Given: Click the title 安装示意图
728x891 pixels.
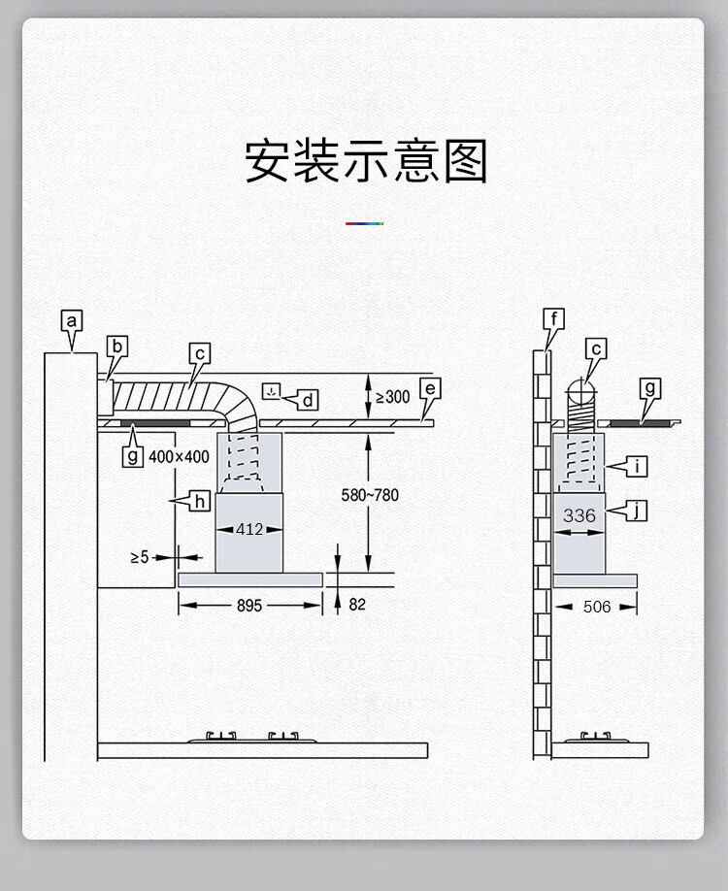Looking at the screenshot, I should pyautogui.click(x=365, y=161).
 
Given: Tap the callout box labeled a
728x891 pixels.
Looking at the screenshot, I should pyautogui.click(x=72, y=320).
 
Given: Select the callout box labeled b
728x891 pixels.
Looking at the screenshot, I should pyautogui.click(x=117, y=346).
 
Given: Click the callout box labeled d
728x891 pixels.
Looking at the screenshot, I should pyautogui.click(x=308, y=399).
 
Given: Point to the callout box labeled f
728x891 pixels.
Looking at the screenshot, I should pyautogui.click(x=554, y=319).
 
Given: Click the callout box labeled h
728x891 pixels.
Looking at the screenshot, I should pyautogui.click(x=199, y=501).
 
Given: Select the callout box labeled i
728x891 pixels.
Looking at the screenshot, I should pyautogui.click(x=637, y=467).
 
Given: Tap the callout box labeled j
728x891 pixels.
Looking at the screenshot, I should pyautogui.click(x=636, y=511).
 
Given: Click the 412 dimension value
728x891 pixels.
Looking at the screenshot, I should pyautogui.click(x=249, y=530).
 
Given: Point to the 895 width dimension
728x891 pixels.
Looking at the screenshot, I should pyautogui.click(x=249, y=606).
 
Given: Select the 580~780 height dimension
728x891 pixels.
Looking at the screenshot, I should pyautogui.click(x=370, y=495).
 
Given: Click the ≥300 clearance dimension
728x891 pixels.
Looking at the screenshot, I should pyautogui.click(x=392, y=397).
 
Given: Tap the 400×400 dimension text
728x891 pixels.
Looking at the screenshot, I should pyautogui.click(x=179, y=456).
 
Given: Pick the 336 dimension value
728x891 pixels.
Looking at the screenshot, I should pyautogui.click(x=579, y=515).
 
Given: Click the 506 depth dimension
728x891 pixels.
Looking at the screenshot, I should pyautogui.click(x=597, y=607).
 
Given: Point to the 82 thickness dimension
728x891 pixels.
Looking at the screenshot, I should pyautogui.click(x=357, y=604).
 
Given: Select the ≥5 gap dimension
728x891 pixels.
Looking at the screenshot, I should pyautogui.click(x=141, y=557).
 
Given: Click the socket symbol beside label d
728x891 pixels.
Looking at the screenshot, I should pyautogui.click(x=272, y=392).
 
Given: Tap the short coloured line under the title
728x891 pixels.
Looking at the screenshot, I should pyautogui.click(x=364, y=223).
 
